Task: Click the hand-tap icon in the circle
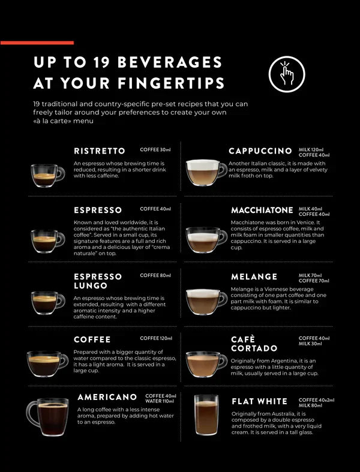pyautogui.click(x=287, y=74)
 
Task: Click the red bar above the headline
pyautogui.click(x=37, y=43)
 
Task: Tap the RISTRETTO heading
pyautogui.click(x=100, y=151)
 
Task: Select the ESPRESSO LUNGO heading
pyautogui.click(x=98, y=281)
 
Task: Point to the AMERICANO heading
pyautogui.click(x=107, y=397)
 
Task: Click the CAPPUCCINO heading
pyautogui.click(x=260, y=151)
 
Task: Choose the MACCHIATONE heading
pyautogui.click(x=262, y=211)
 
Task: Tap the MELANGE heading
pyautogui.click(x=254, y=276)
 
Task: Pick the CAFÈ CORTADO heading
pyautogui.click(x=254, y=344)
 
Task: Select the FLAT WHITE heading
pyautogui.click(x=259, y=401)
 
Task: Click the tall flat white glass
pyautogui.click(x=206, y=415)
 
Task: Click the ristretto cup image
pyautogui.click(x=47, y=175)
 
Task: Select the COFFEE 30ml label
pyautogui.click(x=155, y=149)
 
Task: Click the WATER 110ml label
pyautogui.click(x=161, y=401)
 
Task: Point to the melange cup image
pyautogui.click(x=206, y=301)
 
